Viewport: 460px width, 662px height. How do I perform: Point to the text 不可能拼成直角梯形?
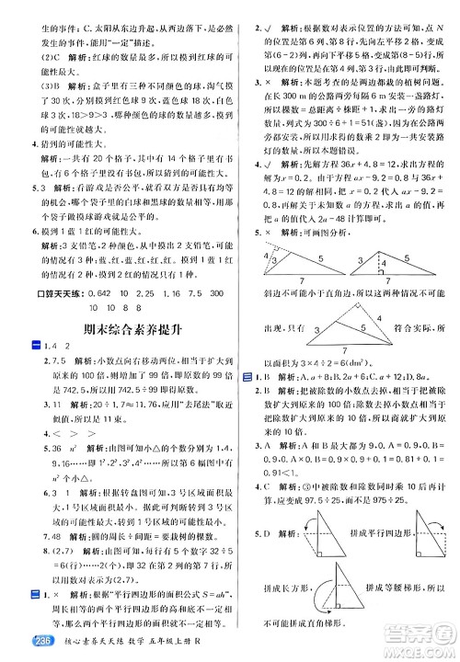tap(299, 625)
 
